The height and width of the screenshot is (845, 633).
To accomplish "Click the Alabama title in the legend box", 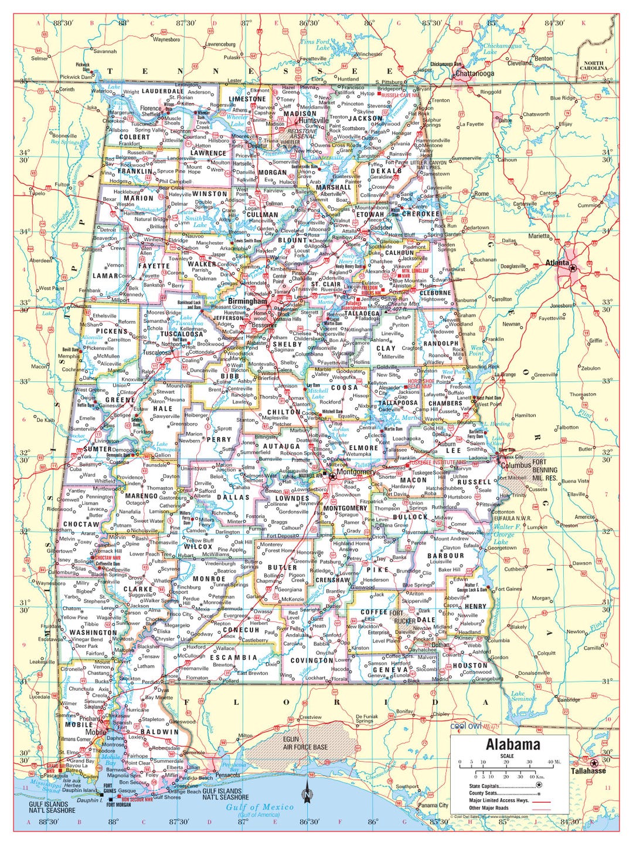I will (x=513, y=745).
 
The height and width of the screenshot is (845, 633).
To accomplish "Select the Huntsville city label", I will (x=314, y=120).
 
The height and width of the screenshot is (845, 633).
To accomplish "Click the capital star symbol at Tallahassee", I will (x=594, y=763).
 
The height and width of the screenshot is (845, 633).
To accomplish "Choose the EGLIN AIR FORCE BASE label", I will (x=305, y=743).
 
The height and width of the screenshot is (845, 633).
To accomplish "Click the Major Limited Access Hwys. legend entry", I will (x=499, y=800).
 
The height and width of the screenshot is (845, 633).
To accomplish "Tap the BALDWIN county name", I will (x=159, y=732).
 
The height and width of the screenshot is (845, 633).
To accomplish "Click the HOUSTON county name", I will (x=469, y=665).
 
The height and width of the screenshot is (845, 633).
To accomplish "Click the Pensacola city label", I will (x=227, y=775).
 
